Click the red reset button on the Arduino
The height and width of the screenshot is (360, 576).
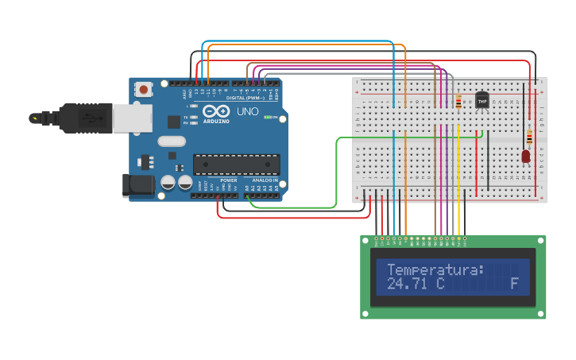point(143,90)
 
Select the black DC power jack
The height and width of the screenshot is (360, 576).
point(137,185)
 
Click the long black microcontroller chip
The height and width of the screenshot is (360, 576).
point(237,164)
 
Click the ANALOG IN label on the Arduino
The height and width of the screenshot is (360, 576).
point(265,180)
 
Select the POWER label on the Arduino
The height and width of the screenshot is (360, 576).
point(229,180)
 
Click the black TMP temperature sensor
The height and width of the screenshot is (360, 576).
point(481,101)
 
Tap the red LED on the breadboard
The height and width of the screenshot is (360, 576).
point(525,157)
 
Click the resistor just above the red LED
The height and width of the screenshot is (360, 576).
point(529,137)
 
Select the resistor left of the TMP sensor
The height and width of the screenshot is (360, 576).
point(458,102)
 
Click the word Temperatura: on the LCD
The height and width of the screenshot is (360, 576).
point(435,270)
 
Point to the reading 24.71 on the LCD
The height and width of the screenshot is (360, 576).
point(405,284)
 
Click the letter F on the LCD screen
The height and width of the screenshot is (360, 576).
point(514,284)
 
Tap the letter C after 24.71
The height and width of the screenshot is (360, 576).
point(439,284)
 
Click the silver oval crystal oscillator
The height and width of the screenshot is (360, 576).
point(172,141)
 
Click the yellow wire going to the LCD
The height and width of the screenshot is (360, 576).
point(458,183)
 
